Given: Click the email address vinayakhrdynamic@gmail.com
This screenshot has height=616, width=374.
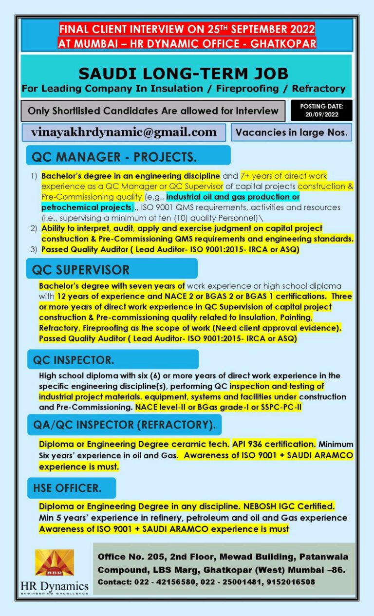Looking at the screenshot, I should [x=124, y=132].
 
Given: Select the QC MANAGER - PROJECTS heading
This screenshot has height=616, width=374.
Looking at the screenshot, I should [x=114, y=157].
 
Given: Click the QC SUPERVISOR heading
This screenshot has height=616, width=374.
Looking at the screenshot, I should [x=81, y=270].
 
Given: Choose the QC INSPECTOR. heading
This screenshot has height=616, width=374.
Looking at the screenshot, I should [x=74, y=360].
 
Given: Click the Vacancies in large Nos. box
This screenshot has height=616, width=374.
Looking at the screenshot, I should [x=291, y=132].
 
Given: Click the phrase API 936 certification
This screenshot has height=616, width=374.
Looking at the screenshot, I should [x=273, y=444].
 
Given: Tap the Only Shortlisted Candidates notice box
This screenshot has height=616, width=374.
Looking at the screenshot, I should [x=152, y=111].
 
